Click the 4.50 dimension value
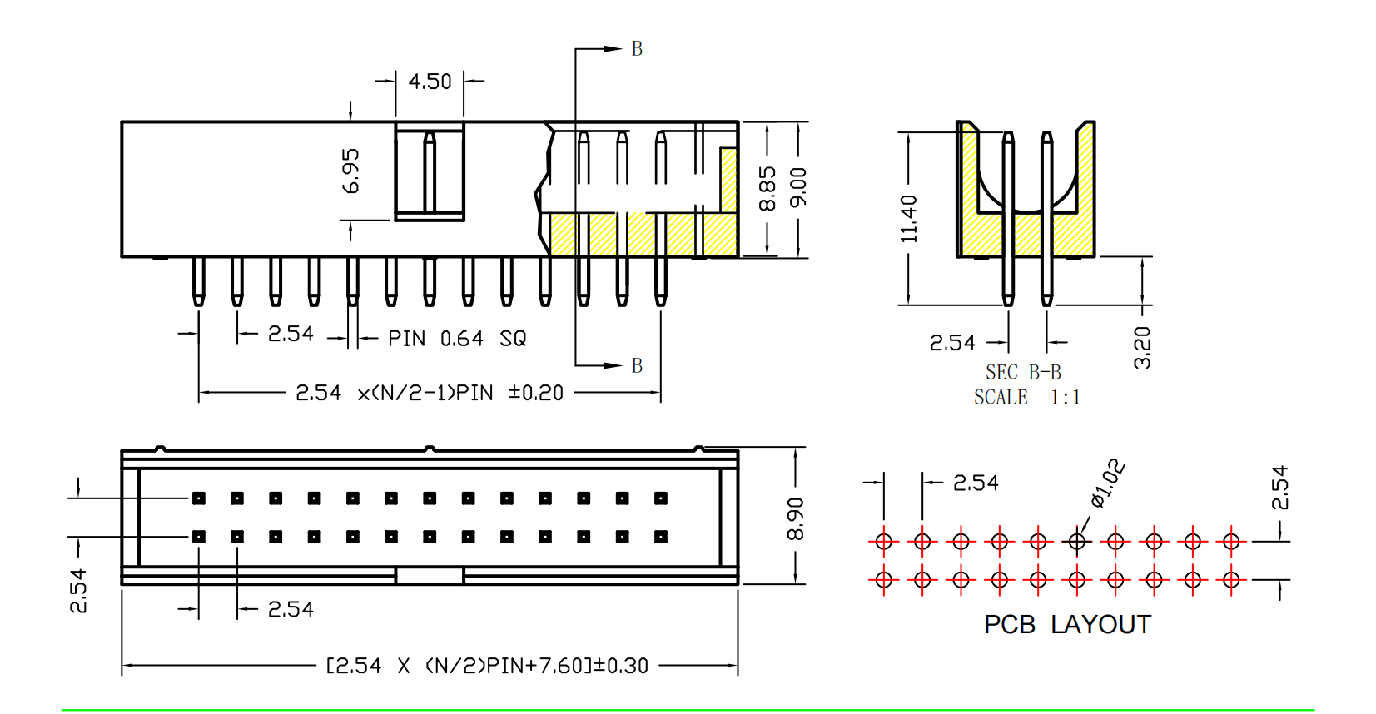pyautogui.click(x=430, y=82)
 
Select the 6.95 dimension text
pyautogui.click(x=351, y=171)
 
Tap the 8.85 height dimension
pyautogui.click(x=767, y=189)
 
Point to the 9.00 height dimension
pyautogui.click(x=798, y=187)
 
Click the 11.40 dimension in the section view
pyautogui.click(x=908, y=219)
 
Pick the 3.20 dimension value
pyautogui.click(x=1142, y=347)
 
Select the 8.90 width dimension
pyautogui.click(x=796, y=519)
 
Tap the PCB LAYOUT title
pyautogui.click(x=1067, y=624)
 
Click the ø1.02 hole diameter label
pyautogui.click(x=1109, y=483)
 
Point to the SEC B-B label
pyautogui.click(x=1023, y=372)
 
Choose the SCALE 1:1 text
pyautogui.click(x=1027, y=398)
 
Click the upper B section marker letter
pyautogui.click(x=637, y=49)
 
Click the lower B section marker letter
pyautogui.click(x=637, y=365)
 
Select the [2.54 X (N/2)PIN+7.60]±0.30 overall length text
pyautogui.click(x=487, y=666)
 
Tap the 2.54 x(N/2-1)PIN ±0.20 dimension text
pyautogui.click(x=430, y=393)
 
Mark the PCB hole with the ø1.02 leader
pyautogui.click(x=1077, y=542)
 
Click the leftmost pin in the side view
pyautogui.click(x=198, y=281)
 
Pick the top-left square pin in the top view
pyautogui.click(x=199, y=498)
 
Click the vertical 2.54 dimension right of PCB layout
pyautogui.click(x=1279, y=488)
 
